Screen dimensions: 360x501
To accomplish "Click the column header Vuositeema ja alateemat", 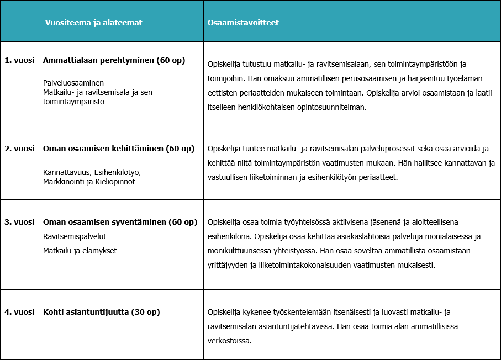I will (x=93, y=23).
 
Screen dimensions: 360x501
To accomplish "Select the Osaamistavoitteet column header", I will (x=243, y=23).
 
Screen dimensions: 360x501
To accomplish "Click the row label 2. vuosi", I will (x=19, y=149).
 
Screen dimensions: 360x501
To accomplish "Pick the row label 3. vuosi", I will (x=19, y=222).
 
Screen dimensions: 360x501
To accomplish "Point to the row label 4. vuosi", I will (x=19, y=312).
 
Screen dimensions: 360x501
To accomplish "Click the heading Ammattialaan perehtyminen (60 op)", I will (x=114, y=60).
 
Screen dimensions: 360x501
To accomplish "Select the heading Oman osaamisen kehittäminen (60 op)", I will (x=119, y=149).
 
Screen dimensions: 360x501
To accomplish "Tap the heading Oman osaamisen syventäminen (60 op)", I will (x=120, y=222).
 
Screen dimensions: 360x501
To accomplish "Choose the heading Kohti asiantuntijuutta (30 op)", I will (x=101, y=312).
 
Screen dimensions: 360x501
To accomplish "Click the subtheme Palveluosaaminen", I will (x=73, y=83).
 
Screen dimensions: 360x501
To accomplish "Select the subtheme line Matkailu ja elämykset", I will (x=80, y=251).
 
